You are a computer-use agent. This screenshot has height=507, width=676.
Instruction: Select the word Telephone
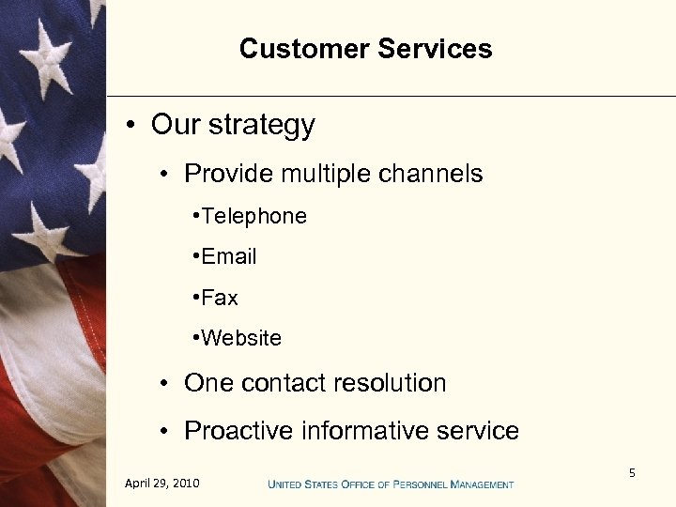pyautogui.click(x=253, y=216)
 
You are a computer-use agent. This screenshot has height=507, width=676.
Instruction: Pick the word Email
pyautogui.click(x=228, y=256)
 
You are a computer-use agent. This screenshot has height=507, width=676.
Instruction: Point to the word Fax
pyautogui.click(x=220, y=298)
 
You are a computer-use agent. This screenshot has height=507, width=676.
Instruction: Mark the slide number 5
pyautogui.click(x=632, y=473)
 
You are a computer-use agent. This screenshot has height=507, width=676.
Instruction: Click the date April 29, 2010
pyautogui.click(x=161, y=484)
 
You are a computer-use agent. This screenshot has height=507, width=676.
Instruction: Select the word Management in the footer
pyautogui.click(x=482, y=484)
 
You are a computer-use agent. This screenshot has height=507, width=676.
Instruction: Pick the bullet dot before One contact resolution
pyautogui.click(x=163, y=384)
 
